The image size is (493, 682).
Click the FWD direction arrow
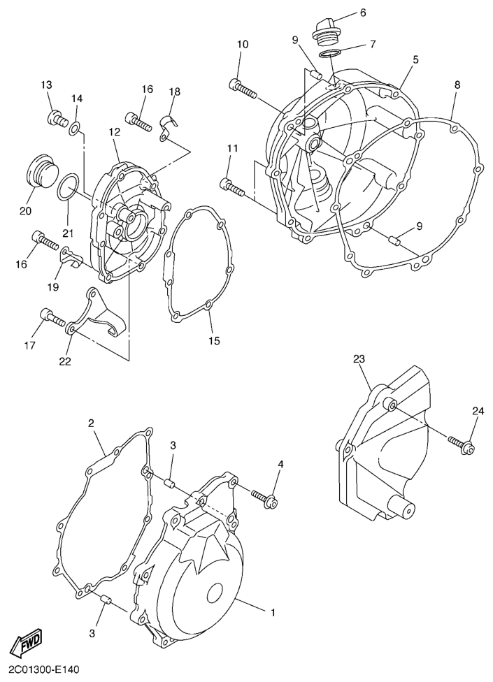(x=27, y=640)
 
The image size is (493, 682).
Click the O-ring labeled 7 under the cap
(x=330, y=54)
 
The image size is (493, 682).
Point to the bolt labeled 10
(x=243, y=88)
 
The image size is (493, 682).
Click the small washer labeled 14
(x=75, y=128)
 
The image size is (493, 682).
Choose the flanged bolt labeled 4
(x=265, y=498)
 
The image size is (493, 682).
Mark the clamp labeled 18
(x=166, y=126)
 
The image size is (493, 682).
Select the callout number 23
(x=359, y=359)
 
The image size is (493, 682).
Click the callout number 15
(x=214, y=340)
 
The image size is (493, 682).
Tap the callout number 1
(x=273, y=613)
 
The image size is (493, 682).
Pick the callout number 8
(x=457, y=85)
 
